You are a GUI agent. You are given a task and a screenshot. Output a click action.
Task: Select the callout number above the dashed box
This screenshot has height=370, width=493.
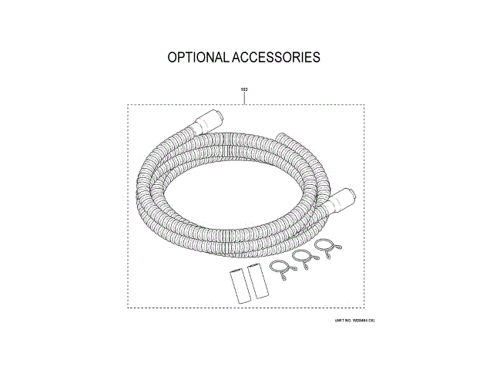tap(244, 89)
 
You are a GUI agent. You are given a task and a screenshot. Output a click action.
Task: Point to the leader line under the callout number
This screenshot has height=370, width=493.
tap(244, 99)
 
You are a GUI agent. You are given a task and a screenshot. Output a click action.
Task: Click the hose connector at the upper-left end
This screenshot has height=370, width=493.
tap(210, 122)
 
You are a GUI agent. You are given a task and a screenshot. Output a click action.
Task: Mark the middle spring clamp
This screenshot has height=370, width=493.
tap(304, 259)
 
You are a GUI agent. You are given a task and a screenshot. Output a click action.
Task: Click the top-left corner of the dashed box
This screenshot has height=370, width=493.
tap(128, 106)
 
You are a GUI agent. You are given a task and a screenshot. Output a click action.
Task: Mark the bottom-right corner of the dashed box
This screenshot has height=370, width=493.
tap(365, 308)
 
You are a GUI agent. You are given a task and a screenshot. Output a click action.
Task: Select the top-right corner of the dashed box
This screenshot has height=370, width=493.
tap(365, 106)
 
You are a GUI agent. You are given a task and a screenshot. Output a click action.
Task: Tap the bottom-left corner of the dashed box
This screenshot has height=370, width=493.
tap(128, 308)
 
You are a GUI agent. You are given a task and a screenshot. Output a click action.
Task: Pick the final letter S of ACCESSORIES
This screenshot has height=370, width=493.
tap(316, 58)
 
